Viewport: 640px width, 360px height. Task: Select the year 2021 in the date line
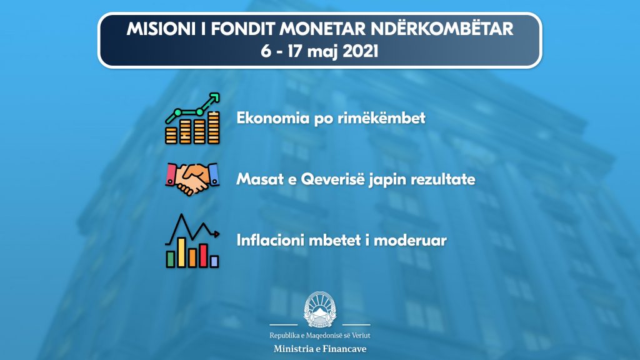click(x=361, y=51)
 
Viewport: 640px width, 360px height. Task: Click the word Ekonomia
click(x=273, y=118)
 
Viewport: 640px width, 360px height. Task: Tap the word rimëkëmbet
click(x=381, y=118)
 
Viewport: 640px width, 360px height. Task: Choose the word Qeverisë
click(x=332, y=179)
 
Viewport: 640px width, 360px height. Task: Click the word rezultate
click(x=442, y=179)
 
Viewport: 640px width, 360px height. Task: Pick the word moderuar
click(x=410, y=240)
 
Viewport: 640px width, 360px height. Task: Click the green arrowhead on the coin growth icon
click(x=214, y=98)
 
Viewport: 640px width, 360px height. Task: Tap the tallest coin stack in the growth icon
click(x=214, y=127)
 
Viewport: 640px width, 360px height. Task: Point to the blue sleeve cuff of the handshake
click(x=214, y=174)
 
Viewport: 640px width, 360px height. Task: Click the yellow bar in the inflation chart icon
click(x=182, y=252)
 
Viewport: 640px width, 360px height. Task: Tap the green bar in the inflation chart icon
click(x=170, y=259)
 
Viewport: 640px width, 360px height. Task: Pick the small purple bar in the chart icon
click(x=214, y=262)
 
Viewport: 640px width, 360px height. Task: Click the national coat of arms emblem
click(x=319, y=309)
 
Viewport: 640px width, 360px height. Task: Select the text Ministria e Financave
click(x=320, y=349)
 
